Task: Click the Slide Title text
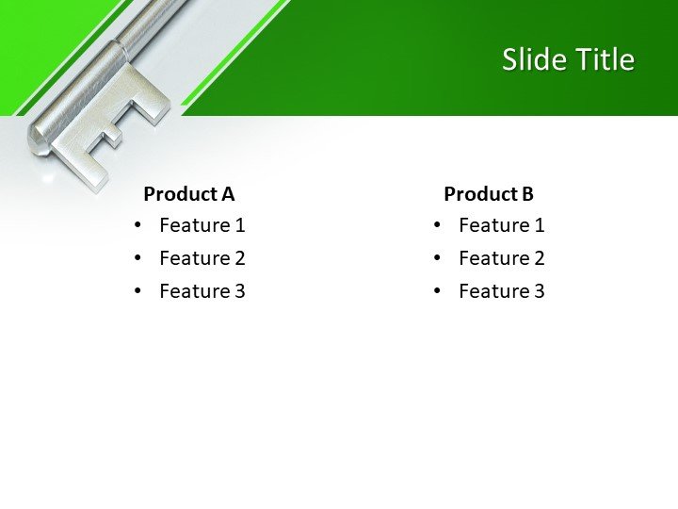568,60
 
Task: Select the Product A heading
188,194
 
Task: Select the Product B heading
488,194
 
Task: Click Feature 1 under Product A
202,225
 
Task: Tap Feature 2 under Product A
202,258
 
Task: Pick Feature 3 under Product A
202,291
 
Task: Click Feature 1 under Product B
501,225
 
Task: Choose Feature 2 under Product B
501,258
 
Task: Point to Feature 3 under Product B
501,291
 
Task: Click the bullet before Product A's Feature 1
138,225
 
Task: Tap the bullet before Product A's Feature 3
138,291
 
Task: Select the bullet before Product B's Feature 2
438,258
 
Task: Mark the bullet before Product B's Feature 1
438,225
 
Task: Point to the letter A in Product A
227,194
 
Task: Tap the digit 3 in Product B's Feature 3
539,291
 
